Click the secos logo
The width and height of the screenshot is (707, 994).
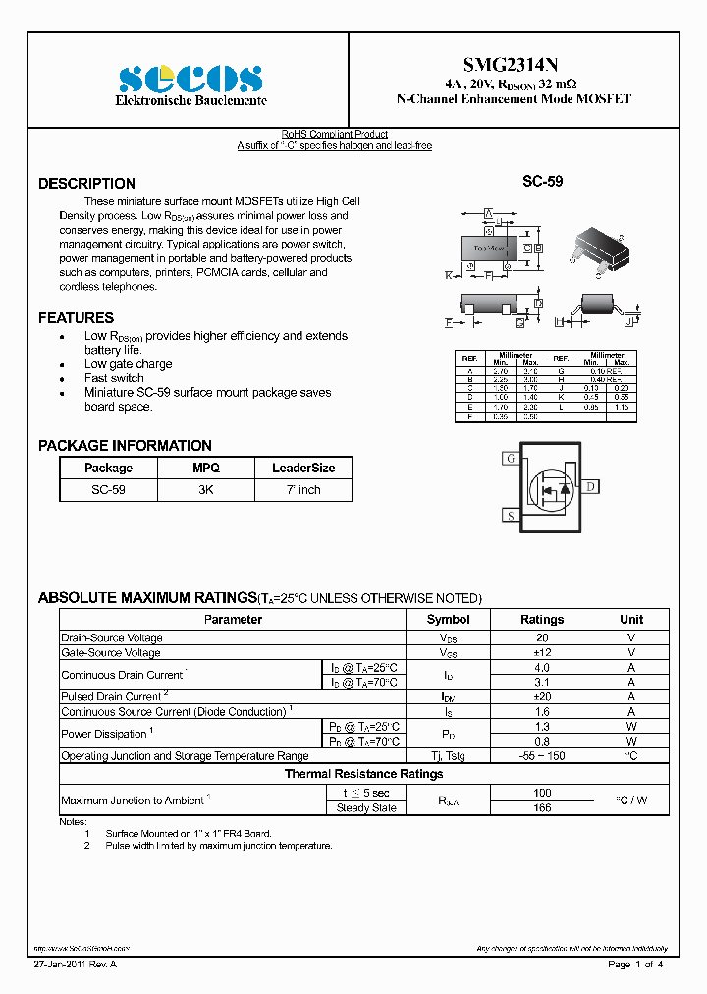point(190,80)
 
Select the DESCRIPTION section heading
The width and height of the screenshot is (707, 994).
point(86,184)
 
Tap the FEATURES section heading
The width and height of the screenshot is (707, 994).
point(76,318)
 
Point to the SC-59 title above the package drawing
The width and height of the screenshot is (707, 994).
point(542,182)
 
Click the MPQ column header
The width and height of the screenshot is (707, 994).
point(206,469)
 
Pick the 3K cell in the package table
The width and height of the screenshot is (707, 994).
point(206,489)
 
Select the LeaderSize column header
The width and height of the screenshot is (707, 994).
point(303,469)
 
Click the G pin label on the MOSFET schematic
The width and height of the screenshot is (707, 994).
point(510,459)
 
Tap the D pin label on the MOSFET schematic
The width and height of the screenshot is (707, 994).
point(591,486)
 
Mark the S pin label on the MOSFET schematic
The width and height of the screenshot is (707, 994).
point(510,515)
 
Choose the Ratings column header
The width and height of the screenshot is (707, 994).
point(541,620)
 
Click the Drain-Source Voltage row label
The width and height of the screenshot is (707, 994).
point(112,637)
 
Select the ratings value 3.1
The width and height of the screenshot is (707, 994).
point(541,682)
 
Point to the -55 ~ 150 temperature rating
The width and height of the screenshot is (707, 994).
point(541,756)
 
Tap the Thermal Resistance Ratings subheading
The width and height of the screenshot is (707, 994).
point(363,774)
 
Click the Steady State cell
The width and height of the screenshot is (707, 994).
point(366,808)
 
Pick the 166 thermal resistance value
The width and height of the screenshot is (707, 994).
point(541,808)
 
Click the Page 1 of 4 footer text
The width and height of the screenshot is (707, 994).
point(635,965)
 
